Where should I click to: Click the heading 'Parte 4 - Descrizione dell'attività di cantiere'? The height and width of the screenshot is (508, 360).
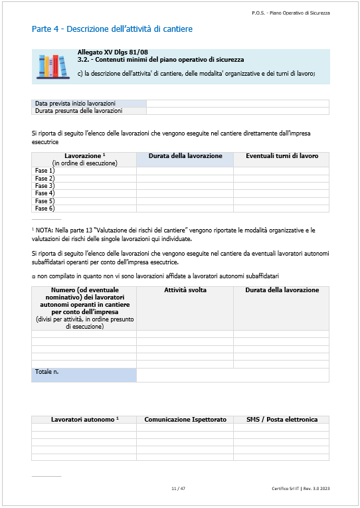[112, 29]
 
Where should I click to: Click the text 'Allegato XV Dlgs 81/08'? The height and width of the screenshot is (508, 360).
[113, 52]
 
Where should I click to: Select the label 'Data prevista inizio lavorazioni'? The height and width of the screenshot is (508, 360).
[75, 104]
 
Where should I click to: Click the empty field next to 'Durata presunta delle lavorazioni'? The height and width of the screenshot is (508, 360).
[237, 111]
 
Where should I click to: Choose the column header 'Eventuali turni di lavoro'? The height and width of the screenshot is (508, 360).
[281, 155]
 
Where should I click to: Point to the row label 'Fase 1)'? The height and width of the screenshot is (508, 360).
[45, 171]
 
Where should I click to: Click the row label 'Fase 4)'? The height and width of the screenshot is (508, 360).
[45, 193]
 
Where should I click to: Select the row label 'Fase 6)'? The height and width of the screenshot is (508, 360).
[45, 208]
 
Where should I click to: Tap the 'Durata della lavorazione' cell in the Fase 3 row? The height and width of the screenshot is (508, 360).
[185, 186]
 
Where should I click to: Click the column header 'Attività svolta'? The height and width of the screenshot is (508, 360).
[185, 290]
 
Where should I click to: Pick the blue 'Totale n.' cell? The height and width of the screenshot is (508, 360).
[84, 375]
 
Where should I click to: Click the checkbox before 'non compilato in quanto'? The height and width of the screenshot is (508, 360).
[33, 276]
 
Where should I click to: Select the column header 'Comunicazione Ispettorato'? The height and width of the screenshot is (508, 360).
[185, 420]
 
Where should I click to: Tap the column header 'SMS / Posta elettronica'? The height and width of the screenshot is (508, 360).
[281, 420]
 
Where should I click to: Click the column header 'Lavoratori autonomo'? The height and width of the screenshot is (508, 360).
[84, 420]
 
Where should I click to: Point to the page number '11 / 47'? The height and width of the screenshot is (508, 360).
[178, 489]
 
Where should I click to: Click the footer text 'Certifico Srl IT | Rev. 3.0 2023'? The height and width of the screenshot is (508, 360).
[300, 489]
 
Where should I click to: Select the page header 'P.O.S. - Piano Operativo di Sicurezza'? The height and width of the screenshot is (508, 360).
[290, 13]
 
